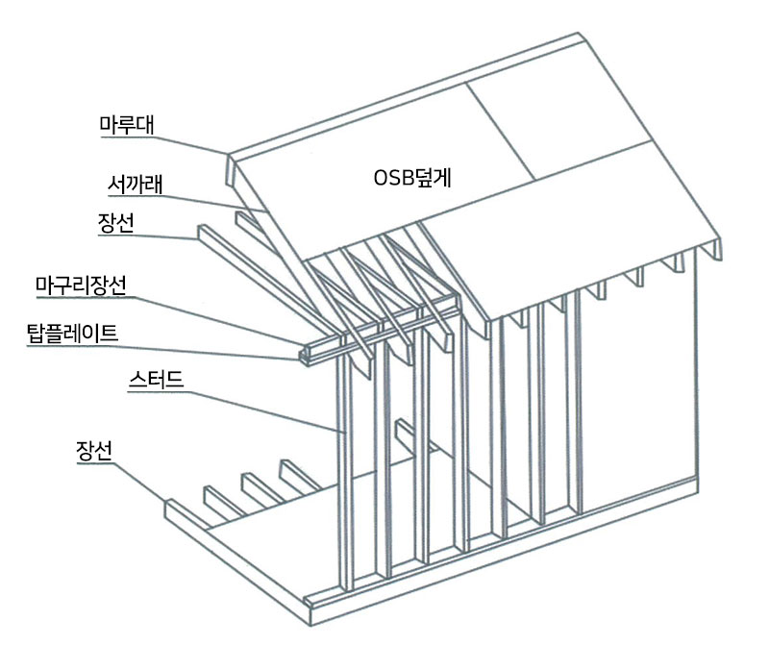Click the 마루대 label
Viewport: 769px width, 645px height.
coord(133,124)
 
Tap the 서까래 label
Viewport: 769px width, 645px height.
coord(132,183)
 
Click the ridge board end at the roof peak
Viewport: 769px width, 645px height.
coord(232,170)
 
